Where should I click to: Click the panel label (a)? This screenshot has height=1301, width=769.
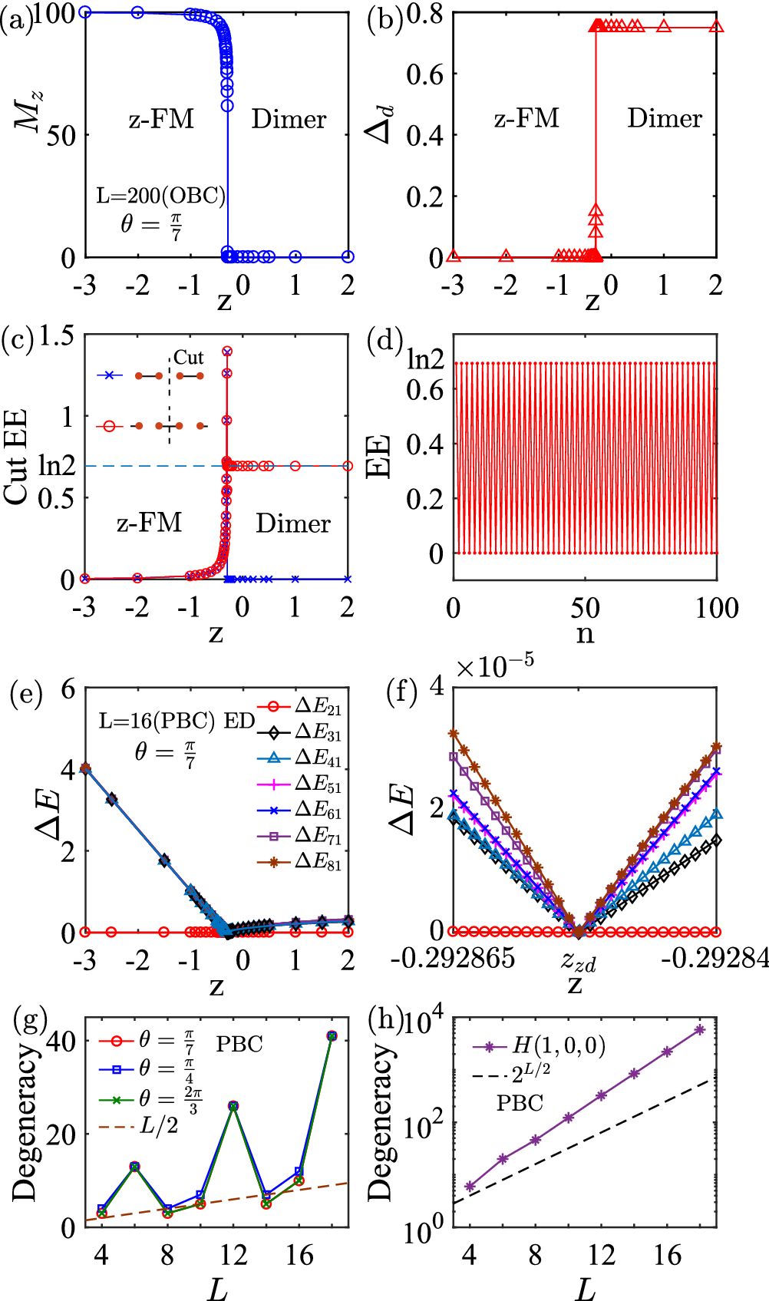point(17,19)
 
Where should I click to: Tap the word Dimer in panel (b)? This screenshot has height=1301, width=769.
point(665,118)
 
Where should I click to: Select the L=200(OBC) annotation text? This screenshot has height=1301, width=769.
point(161,196)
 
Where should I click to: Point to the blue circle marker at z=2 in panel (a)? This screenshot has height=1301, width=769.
point(348,257)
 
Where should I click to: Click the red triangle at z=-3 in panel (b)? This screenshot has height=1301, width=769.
point(454,256)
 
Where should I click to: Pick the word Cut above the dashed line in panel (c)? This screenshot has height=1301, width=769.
point(189,358)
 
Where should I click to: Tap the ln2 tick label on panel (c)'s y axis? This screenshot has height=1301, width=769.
point(57,466)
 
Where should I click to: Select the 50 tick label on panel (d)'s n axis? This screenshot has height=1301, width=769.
point(585,609)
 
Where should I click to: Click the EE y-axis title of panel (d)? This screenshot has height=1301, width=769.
point(379,457)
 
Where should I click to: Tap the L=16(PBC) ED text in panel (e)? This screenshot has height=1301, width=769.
point(177,721)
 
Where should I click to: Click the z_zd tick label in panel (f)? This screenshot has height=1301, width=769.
point(578,959)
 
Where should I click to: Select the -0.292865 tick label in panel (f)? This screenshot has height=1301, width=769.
point(453,958)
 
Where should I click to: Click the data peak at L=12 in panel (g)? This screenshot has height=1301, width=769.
point(233,1106)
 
